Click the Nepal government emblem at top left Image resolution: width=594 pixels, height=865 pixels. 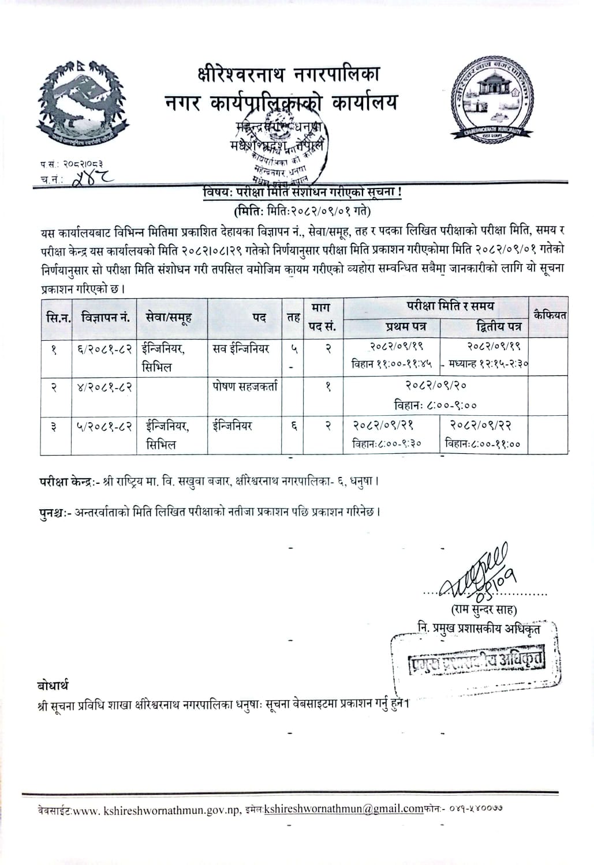[83, 99]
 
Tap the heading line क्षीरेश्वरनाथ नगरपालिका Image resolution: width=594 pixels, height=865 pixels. [287, 75]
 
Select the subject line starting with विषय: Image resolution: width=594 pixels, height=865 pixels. [302, 193]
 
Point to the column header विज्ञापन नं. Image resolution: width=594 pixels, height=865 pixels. [105, 317]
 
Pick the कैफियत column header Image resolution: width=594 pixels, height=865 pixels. [550, 315]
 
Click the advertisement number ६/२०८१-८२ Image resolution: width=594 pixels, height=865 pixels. [105, 348]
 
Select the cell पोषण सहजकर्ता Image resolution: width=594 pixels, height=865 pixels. [244, 386]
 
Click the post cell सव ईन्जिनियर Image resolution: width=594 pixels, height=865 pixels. [241, 348]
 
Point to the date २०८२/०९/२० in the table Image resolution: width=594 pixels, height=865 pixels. [435, 385]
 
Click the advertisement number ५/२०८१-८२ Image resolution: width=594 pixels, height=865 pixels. [105, 426]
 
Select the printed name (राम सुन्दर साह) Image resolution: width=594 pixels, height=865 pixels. [484, 610]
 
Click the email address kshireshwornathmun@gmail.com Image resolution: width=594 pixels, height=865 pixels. [343, 808]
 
